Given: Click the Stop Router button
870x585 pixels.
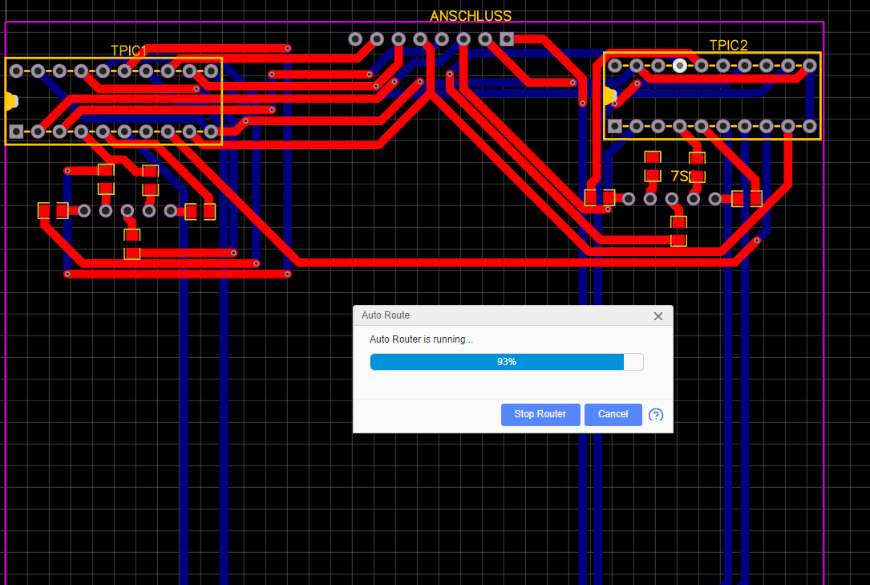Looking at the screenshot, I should [x=540, y=414].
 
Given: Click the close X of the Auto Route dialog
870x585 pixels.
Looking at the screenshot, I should [x=658, y=316].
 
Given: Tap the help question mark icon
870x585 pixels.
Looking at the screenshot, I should [x=656, y=415].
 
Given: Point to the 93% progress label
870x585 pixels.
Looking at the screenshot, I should [x=506, y=362].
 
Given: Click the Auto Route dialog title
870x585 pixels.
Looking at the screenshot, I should [x=386, y=315].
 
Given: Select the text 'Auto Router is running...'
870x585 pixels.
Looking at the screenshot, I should [x=421, y=339].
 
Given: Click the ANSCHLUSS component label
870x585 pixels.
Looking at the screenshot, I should [x=470, y=16].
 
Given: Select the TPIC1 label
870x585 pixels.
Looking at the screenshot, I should [x=129, y=51].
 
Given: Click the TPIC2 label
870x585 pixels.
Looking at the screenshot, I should [x=728, y=45].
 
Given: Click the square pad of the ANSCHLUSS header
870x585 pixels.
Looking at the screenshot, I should [x=507, y=39].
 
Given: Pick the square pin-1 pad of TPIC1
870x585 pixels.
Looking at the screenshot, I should [x=16, y=131].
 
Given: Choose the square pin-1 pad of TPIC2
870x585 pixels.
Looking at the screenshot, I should [x=615, y=126].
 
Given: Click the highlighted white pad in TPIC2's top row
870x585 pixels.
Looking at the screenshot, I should [x=680, y=66].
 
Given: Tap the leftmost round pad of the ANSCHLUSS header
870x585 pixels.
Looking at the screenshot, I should [x=355, y=39].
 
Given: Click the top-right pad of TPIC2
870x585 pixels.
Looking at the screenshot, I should [x=810, y=66].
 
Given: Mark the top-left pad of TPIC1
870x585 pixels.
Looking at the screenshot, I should [x=16, y=71].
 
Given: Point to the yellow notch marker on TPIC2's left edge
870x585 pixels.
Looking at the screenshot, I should [x=609, y=96].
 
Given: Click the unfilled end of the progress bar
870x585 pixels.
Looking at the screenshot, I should [x=633, y=362].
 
